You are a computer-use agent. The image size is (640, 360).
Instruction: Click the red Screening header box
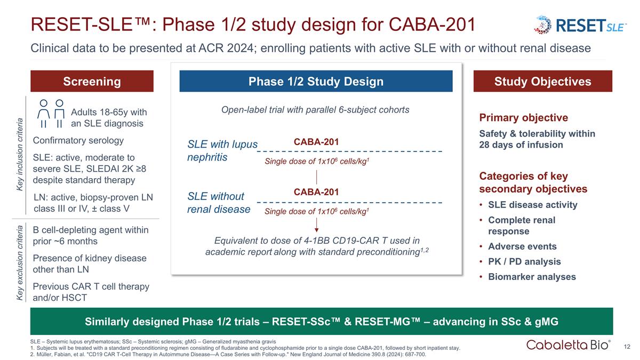pyautogui.click(x=92, y=82)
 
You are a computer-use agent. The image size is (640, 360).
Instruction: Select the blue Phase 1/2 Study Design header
pyautogui.click(x=316, y=82)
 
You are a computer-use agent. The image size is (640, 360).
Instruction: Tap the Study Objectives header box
pyautogui.click(x=542, y=82)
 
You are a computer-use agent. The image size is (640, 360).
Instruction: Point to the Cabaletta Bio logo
pyautogui.click(x=569, y=345)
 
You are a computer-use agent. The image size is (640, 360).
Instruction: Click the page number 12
pyautogui.click(x=628, y=347)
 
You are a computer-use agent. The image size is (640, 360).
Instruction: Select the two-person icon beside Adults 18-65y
pyautogui.click(x=52, y=114)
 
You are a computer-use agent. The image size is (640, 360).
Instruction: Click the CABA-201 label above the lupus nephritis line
pyautogui.click(x=316, y=142)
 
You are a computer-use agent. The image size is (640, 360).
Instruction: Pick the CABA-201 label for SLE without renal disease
pyautogui.click(x=316, y=192)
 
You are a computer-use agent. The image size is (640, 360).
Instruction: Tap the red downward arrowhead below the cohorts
pyautogui.click(x=317, y=230)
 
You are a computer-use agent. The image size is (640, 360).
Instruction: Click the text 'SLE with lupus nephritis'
pyautogui.click(x=222, y=151)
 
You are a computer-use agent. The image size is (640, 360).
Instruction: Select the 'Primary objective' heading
pyautogui.click(x=524, y=118)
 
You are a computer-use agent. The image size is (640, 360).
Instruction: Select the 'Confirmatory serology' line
pyautogui.click(x=78, y=141)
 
